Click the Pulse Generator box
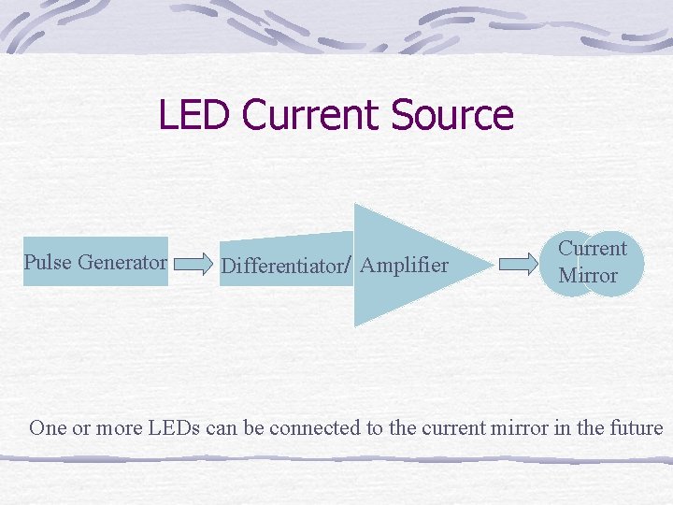tap(95, 261)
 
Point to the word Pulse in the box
tap(49, 262)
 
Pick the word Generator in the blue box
tap(122, 262)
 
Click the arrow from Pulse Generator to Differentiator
tap(194, 263)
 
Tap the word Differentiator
tap(281, 267)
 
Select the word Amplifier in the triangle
tap(404, 266)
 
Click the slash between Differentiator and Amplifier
tap(349, 266)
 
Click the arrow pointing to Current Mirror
tap(519, 264)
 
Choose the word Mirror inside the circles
tap(587, 276)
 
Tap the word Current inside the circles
tap(592, 249)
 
